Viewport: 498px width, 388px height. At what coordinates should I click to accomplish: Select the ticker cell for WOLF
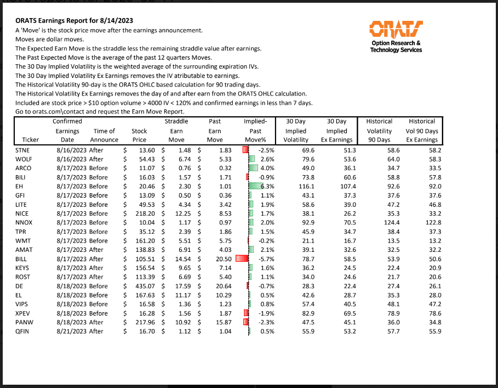click(24, 159)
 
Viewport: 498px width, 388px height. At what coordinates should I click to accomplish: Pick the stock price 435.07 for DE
click(144, 286)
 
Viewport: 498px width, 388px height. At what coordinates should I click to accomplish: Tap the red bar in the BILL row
click(242, 258)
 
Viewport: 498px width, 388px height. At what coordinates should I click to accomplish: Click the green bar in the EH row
click(255, 186)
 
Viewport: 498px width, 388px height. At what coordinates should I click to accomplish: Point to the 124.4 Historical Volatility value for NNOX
click(382, 222)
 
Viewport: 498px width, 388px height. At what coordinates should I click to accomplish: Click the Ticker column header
click(31, 139)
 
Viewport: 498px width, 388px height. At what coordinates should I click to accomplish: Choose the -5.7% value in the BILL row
click(266, 258)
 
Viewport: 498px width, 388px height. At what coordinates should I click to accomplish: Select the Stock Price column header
click(139, 135)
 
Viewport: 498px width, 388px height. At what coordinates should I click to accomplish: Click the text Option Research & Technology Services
click(396, 47)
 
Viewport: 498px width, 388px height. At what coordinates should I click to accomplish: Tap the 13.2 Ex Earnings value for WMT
click(433, 240)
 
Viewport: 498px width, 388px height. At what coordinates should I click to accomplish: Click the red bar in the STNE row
click(245, 150)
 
